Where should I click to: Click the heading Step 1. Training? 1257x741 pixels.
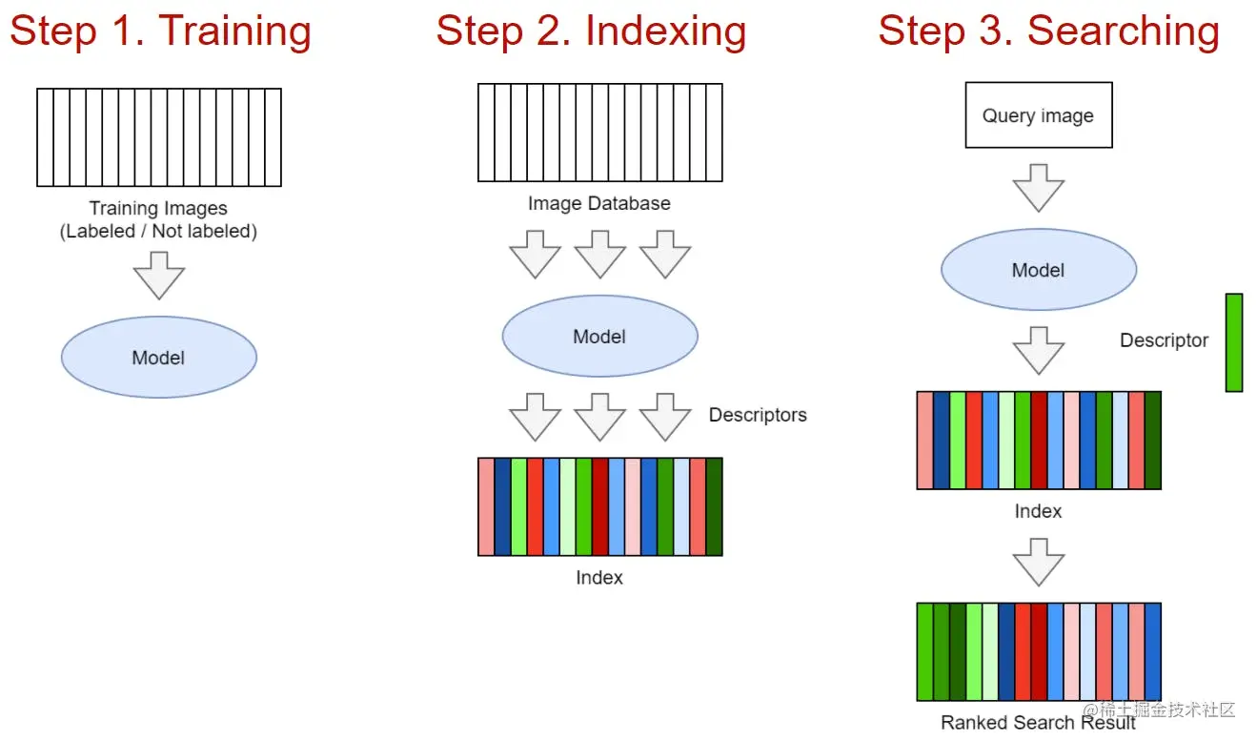[160, 31]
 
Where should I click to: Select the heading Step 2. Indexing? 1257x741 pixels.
[591, 31]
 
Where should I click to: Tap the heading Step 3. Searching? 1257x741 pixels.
[1048, 31]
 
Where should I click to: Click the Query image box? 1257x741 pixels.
[1039, 115]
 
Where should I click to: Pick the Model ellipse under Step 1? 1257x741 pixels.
[159, 358]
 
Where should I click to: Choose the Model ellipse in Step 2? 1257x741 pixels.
[599, 337]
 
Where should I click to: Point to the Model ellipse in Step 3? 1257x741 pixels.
[1039, 270]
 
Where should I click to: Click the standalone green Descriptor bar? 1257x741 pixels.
[1234, 342]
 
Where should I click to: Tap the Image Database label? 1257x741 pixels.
[599, 203]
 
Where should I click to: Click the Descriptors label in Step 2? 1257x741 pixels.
[758, 415]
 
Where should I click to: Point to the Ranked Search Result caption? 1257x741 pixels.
[1038, 722]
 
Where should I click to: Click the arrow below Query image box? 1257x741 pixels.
[1038, 187]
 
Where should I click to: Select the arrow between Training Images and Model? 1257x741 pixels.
[159, 275]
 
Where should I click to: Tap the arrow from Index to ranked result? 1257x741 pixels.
[1038, 561]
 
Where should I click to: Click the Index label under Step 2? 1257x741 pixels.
[599, 577]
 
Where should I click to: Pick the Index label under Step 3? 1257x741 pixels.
[1038, 511]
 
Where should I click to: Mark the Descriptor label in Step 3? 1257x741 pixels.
[1164, 340]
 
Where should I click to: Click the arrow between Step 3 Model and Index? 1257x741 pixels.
[1038, 350]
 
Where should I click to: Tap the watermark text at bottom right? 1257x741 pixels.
[1167, 710]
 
